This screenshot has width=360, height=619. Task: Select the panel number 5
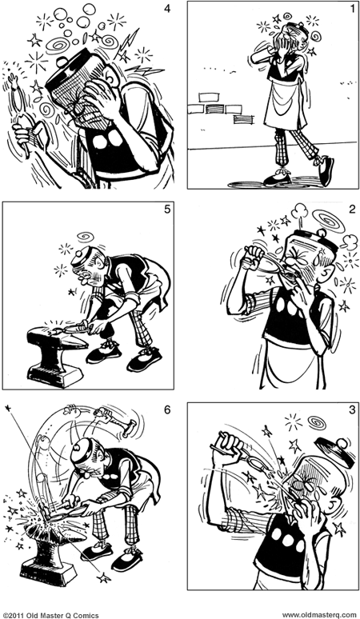coord(165,212)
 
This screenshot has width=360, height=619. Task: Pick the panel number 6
coord(165,411)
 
